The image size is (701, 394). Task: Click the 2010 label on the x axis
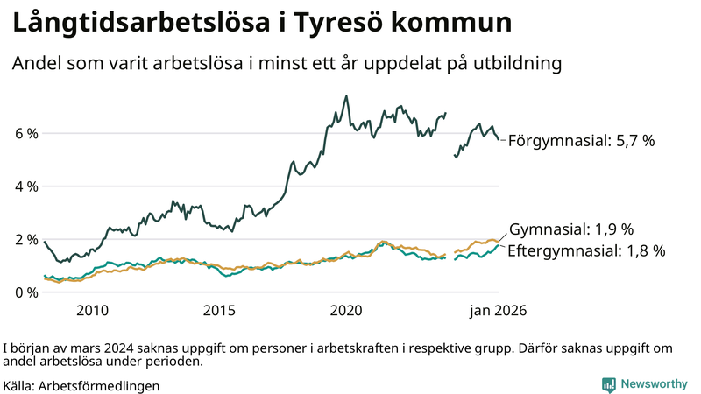tap(92, 311)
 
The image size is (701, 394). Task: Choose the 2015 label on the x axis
tap(219, 311)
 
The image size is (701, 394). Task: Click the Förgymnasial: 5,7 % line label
tap(581, 140)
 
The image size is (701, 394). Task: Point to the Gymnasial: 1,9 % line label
tap(570, 229)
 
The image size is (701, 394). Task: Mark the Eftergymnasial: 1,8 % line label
tap(586, 250)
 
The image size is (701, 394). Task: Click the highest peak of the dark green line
tap(346, 96)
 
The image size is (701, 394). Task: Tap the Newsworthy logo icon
tap(608, 383)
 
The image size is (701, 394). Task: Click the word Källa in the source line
tap(19, 385)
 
